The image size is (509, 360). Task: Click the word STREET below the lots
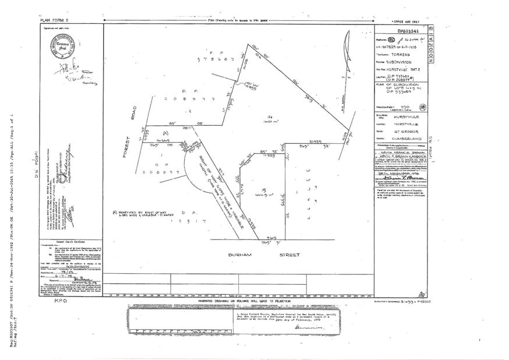coord(290,255)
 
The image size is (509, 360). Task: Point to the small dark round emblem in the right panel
coord(422,107)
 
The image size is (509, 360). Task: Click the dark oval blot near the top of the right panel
coord(391,40)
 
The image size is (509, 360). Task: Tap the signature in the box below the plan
coord(305,326)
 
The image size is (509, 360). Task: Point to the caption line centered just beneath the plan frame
coord(245,301)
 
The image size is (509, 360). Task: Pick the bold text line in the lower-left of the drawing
coord(140,213)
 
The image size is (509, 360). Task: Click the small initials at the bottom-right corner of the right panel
coord(421,293)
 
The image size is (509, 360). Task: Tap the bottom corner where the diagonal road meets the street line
coord(259,239)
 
